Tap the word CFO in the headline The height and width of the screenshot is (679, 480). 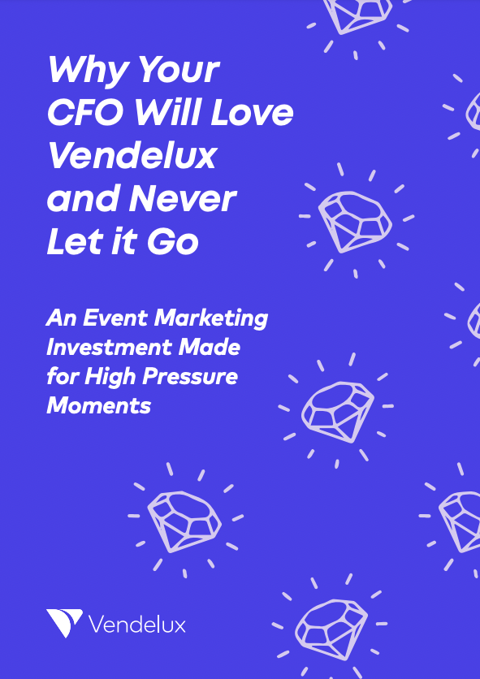click(x=86, y=113)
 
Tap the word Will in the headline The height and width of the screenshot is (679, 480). click(x=167, y=113)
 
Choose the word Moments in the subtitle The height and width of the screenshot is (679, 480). click(x=99, y=406)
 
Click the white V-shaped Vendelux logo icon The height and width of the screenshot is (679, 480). click(x=64, y=622)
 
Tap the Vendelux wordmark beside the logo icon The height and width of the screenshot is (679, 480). click(x=137, y=625)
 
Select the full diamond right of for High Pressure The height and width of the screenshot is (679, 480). click(x=338, y=412)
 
